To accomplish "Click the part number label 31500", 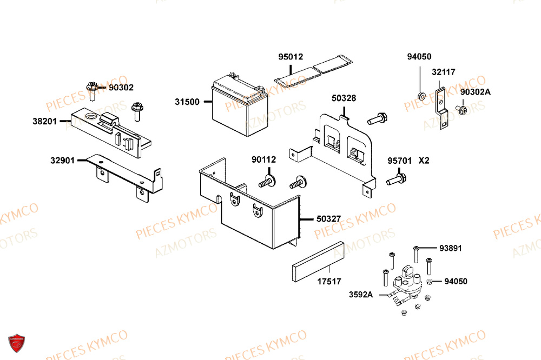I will coord(187,102).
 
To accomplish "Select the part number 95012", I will coord(291,57).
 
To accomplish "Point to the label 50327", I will coord(328,219).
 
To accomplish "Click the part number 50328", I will coord(344,98).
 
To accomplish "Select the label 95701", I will coord(399,161).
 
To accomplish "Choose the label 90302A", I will coord(475,92).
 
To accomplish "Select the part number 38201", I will coord(44,122).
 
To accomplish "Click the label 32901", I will coord(63,161).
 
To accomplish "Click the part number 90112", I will coord(263,159).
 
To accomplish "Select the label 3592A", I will coord(360,295).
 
